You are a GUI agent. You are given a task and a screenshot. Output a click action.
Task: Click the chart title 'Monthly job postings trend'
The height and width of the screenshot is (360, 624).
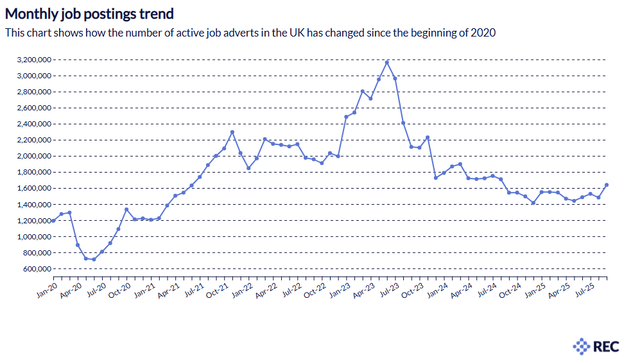[x=89, y=13]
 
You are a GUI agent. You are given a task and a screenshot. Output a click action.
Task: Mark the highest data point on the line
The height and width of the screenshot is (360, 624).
[x=386, y=62]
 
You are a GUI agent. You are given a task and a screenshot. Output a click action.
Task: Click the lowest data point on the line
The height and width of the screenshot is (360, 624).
[x=94, y=259]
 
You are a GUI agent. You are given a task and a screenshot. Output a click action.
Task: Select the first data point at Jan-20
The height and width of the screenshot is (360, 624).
[x=53, y=220]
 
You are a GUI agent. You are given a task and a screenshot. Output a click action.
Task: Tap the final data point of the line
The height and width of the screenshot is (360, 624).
[x=607, y=185]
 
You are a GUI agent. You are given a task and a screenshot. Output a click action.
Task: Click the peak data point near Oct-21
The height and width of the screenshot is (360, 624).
[x=232, y=132]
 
